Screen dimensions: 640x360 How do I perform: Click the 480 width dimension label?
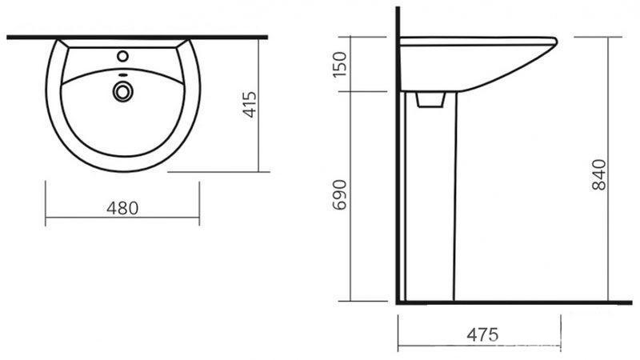pos(122,208)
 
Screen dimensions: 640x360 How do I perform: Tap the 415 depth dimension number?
pos(250,105)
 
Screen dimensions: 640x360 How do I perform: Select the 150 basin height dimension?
pos(339,65)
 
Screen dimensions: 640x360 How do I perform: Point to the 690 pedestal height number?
pos(339,194)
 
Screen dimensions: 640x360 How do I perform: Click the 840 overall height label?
pos(598,174)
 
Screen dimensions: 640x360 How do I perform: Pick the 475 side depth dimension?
pos(483,334)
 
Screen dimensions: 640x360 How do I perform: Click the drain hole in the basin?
pos(122,92)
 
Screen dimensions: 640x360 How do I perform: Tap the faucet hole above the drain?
pos(122,56)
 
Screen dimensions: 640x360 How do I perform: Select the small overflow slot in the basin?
pos(122,75)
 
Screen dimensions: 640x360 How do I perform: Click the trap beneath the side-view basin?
pos(430,99)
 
